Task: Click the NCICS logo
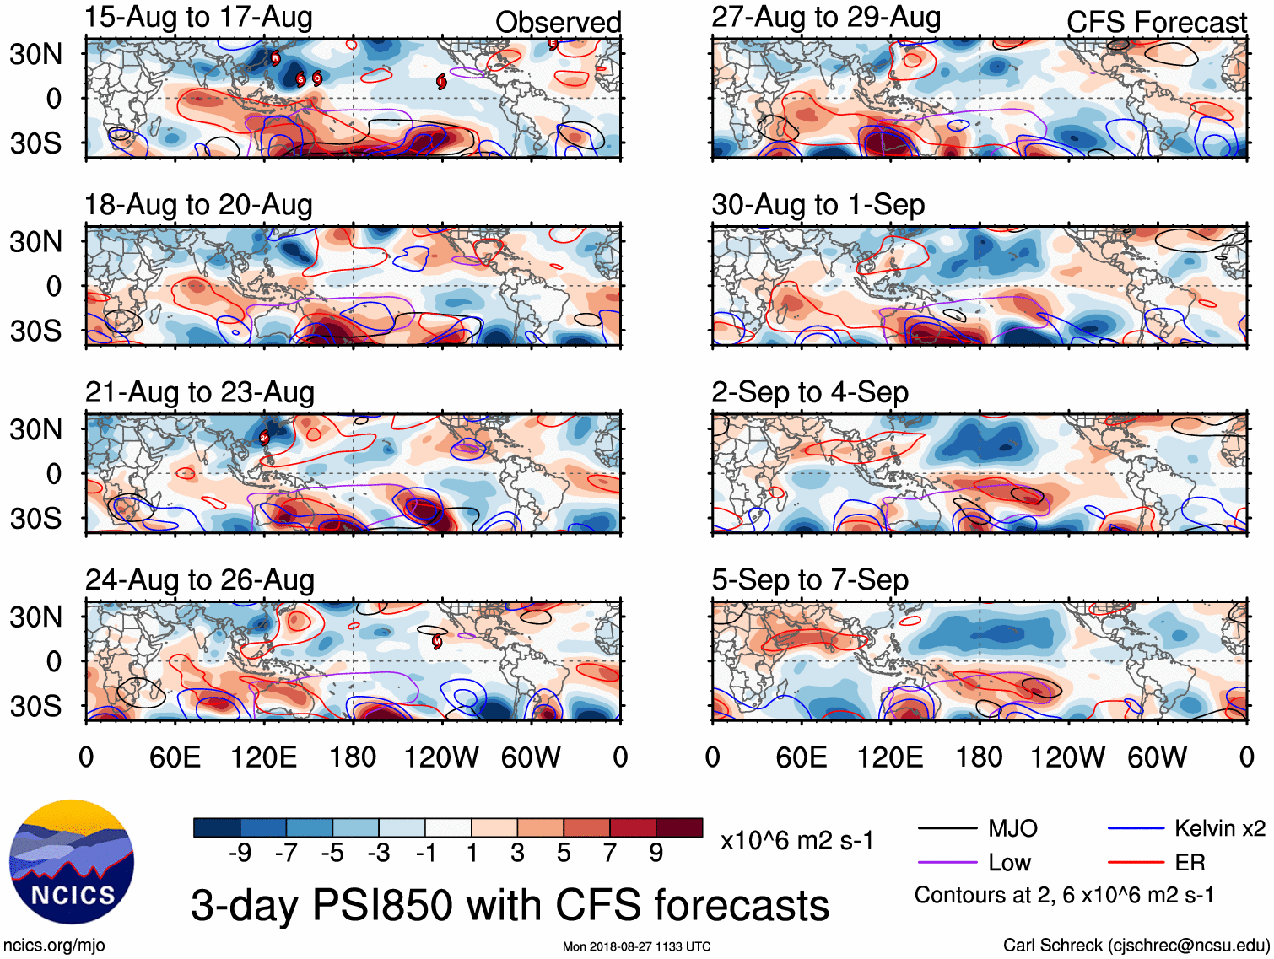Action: coord(72,861)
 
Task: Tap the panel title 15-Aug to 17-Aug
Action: coord(198,18)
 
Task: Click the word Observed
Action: coord(558,23)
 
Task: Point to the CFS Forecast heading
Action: coord(1156,23)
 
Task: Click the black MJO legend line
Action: coord(947,829)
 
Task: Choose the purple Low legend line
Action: coord(947,862)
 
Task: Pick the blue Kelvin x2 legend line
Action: coord(1136,829)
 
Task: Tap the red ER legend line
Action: coord(1136,862)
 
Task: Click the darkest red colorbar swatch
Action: coord(679,827)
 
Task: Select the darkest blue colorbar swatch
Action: coord(217,827)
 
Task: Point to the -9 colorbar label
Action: coord(240,854)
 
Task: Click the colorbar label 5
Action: coord(564,854)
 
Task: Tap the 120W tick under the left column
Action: coord(441,757)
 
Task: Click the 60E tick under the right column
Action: coord(801,757)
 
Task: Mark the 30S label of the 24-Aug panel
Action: coord(36,706)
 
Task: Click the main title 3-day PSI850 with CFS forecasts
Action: coord(510,906)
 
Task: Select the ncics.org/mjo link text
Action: coord(54,946)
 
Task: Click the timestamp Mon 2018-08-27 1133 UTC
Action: coord(636,946)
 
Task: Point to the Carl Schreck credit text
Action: coord(1136,946)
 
